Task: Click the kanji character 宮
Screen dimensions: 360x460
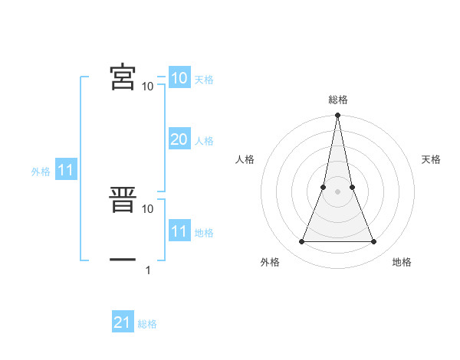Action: (x=123, y=77)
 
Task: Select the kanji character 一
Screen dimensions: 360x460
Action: (x=123, y=260)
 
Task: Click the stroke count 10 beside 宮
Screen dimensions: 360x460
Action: (x=148, y=87)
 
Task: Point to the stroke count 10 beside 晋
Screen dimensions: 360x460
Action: (x=148, y=208)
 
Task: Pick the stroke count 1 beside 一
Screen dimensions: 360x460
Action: (x=148, y=270)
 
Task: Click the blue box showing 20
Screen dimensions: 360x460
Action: (x=179, y=139)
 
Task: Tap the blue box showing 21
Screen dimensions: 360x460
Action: (x=123, y=323)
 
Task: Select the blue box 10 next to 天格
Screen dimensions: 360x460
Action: (x=179, y=78)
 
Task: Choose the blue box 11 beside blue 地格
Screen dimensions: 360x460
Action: (x=179, y=231)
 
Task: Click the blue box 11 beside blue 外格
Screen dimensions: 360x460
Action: (x=66, y=171)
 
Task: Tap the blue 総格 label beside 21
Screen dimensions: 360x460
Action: (x=147, y=324)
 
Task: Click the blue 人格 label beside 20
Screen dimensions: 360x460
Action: (x=204, y=141)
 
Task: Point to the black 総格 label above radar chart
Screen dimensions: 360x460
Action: (x=338, y=100)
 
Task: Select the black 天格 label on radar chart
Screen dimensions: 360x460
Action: (x=432, y=159)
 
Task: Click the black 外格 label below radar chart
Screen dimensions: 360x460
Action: (x=270, y=262)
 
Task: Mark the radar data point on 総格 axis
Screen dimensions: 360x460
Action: (x=338, y=116)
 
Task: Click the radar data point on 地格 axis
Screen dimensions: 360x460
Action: (x=374, y=242)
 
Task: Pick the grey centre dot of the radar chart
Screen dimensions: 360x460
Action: (x=338, y=191)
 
